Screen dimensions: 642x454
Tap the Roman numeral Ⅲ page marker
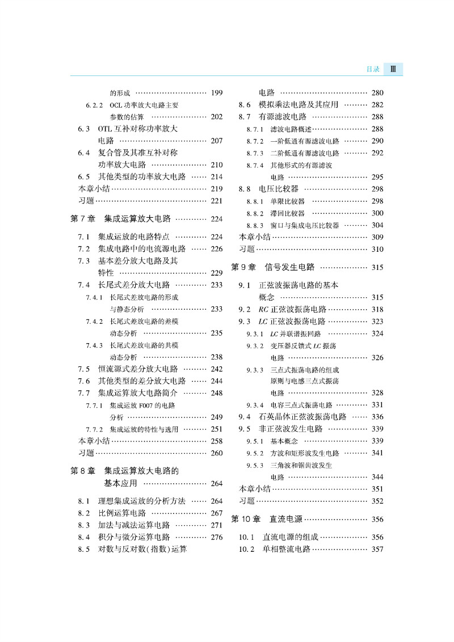(393, 69)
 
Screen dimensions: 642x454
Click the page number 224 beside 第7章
(216, 219)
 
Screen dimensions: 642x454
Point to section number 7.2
(84, 249)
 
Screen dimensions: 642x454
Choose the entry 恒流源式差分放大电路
(138, 369)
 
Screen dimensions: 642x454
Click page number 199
(216, 93)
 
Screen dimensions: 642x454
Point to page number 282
(377, 105)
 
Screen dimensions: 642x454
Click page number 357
(377, 549)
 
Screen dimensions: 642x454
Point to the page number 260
(216, 453)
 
